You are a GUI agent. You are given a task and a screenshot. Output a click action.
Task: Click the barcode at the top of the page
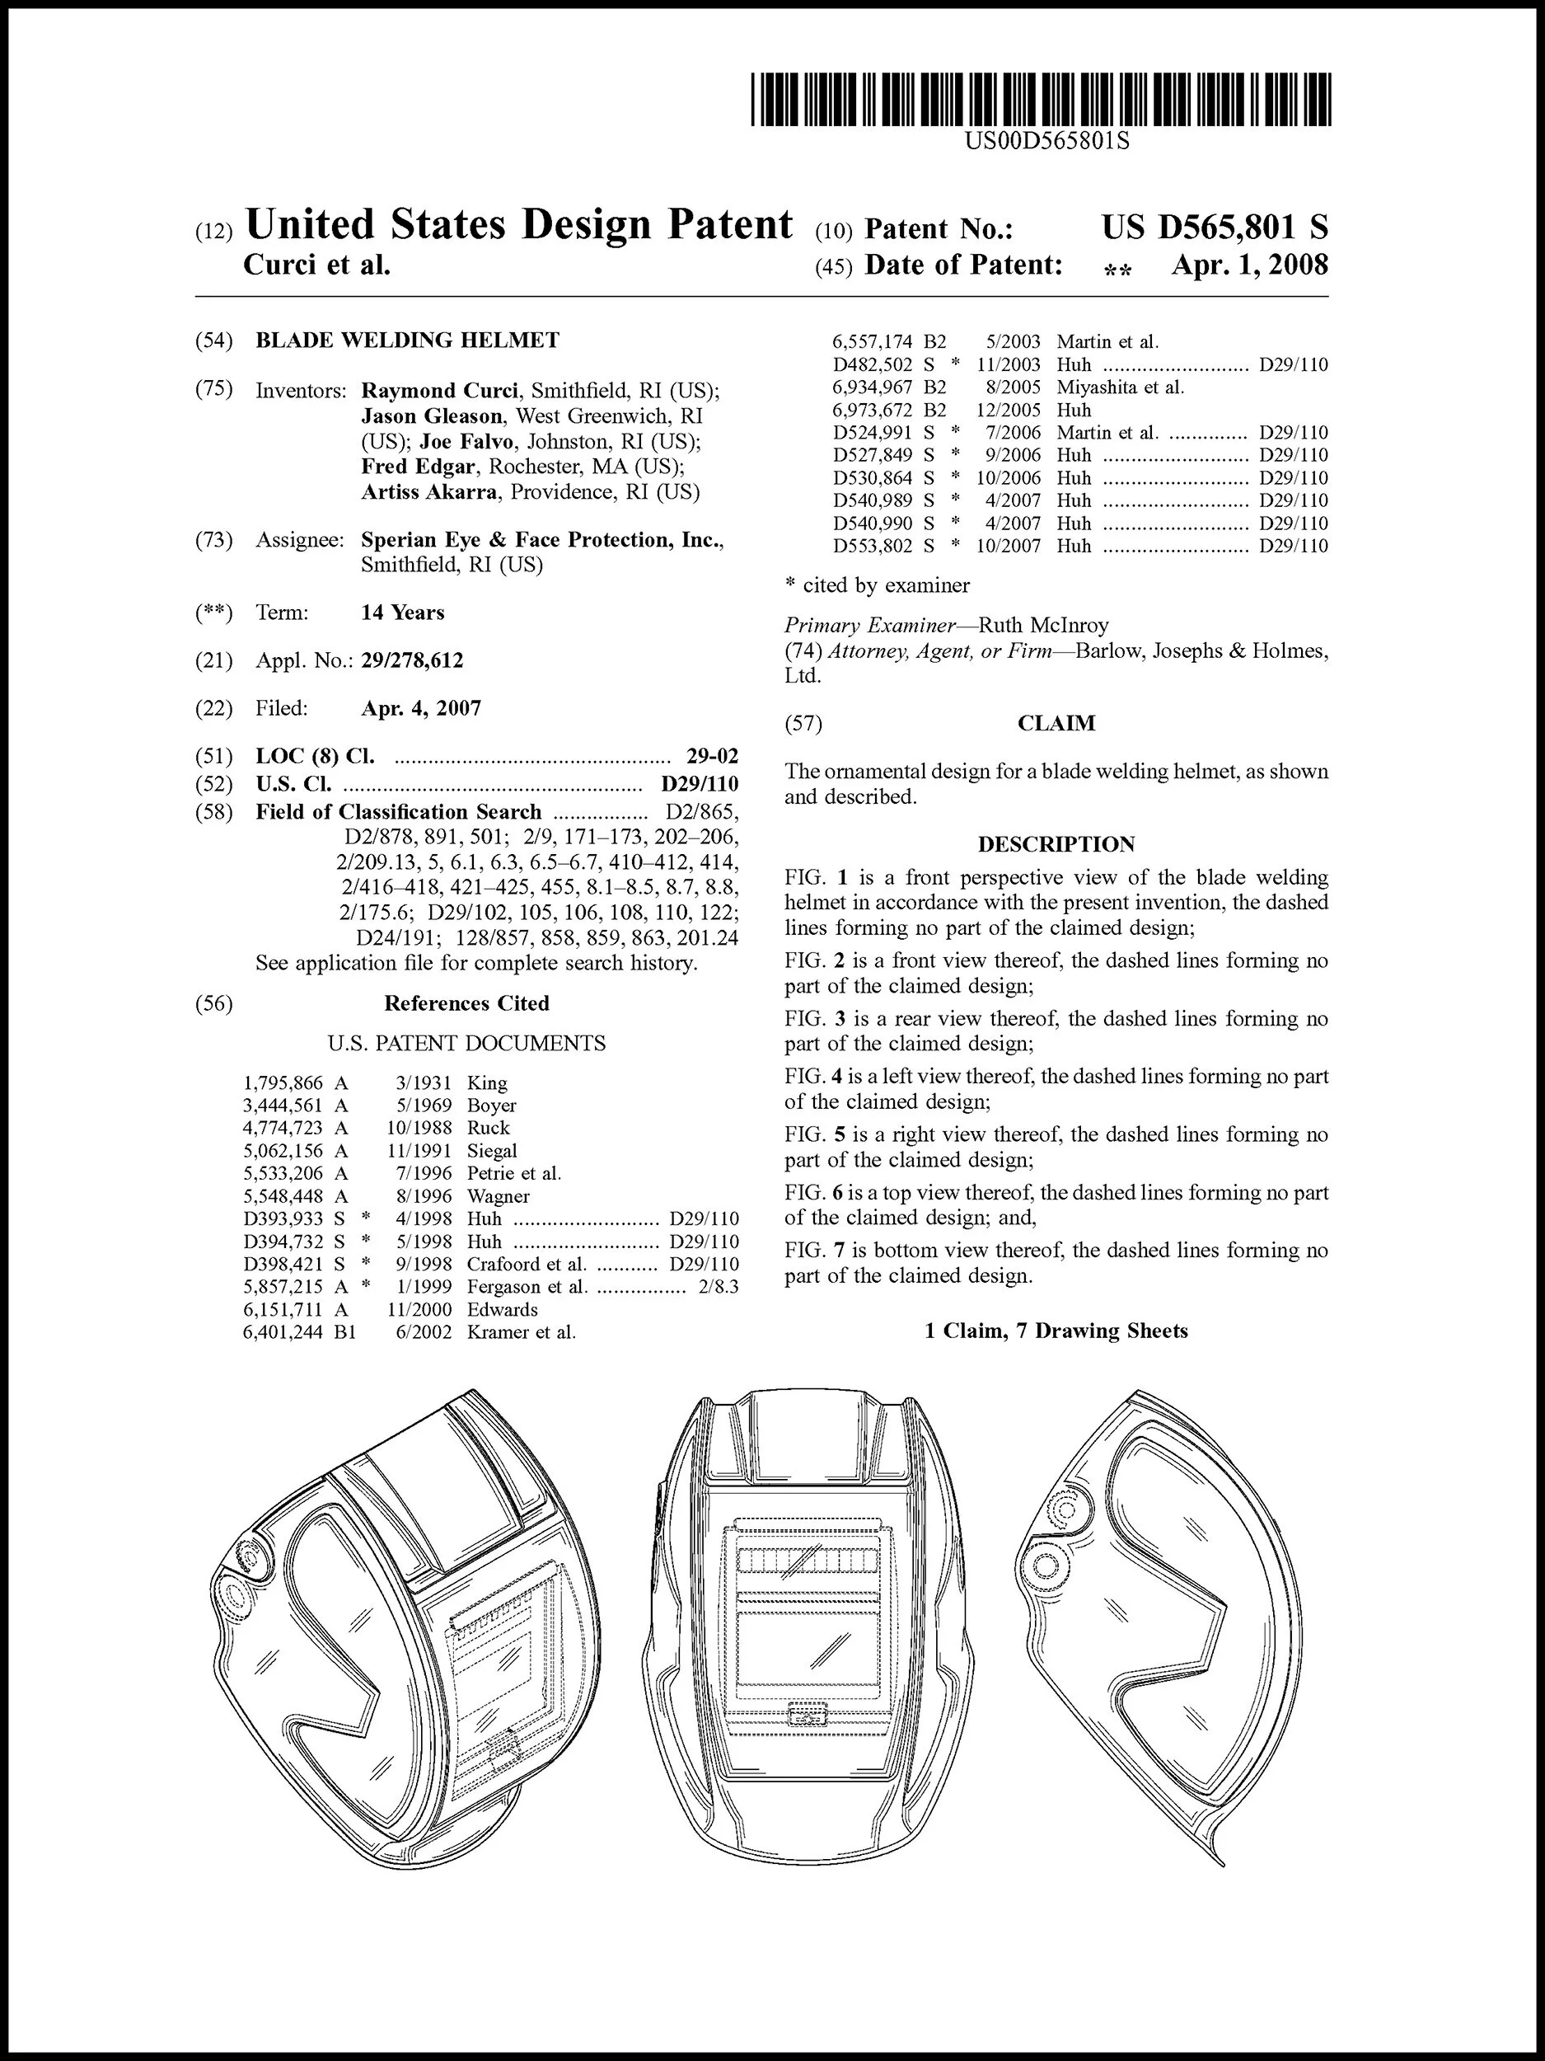[1042, 100]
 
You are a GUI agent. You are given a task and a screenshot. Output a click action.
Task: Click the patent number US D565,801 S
[1215, 228]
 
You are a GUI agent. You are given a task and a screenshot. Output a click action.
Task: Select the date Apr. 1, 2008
[1250, 265]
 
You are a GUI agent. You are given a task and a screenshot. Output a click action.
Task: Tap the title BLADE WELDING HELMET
[408, 340]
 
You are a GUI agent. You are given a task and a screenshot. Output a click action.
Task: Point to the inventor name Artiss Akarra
[428, 492]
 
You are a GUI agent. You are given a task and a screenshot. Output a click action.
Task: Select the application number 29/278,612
[412, 660]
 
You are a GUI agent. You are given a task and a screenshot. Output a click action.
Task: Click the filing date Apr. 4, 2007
[421, 708]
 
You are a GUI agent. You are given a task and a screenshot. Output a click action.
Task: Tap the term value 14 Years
[402, 613]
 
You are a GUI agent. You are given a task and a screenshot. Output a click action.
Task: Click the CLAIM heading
[1056, 724]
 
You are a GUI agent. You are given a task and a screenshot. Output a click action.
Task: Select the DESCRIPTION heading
[1056, 844]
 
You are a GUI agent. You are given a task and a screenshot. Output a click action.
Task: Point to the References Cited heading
[466, 1003]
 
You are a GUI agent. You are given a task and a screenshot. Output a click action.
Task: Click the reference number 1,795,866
[283, 1082]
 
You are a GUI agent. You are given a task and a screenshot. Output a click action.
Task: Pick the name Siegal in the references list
[492, 1151]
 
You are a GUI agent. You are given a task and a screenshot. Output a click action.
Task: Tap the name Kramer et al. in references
[521, 1332]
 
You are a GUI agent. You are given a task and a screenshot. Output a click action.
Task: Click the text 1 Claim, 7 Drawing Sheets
[1056, 1331]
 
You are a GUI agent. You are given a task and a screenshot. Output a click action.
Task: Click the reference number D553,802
[873, 546]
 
